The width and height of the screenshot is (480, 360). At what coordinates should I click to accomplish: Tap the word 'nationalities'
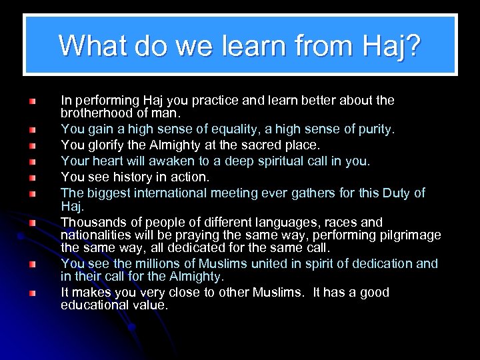click(95, 235)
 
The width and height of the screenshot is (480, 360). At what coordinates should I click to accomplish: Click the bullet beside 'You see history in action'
click(31, 178)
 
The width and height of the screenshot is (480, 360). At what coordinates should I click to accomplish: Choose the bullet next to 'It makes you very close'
click(31, 293)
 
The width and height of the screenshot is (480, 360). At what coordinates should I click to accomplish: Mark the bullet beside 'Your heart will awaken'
click(31, 161)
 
